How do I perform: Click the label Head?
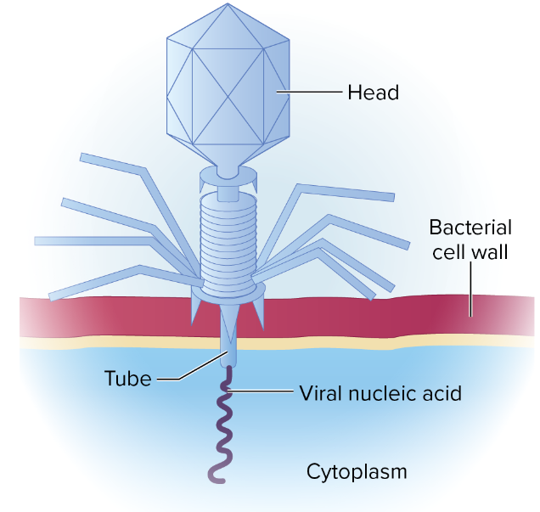point(372,91)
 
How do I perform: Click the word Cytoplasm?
point(351,471)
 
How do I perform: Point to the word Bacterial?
point(470,228)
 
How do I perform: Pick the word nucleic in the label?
point(375,394)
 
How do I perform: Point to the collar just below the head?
point(227,177)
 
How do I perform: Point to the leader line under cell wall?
point(471,289)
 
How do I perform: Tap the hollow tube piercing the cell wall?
point(227,335)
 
